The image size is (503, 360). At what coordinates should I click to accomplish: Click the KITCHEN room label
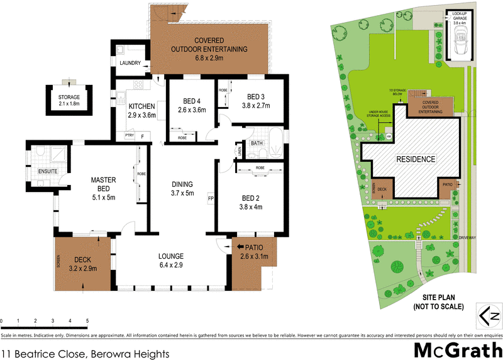[141, 106]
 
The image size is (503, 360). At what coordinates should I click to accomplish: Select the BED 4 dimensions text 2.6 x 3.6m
[192, 111]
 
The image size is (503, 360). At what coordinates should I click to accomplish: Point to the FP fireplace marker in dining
[211, 198]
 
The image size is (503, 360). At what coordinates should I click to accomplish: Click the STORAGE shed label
[69, 98]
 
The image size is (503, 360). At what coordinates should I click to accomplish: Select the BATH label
[257, 143]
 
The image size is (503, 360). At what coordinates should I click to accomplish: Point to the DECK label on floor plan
[83, 259]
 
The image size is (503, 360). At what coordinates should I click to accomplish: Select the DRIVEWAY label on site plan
[467, 238]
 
